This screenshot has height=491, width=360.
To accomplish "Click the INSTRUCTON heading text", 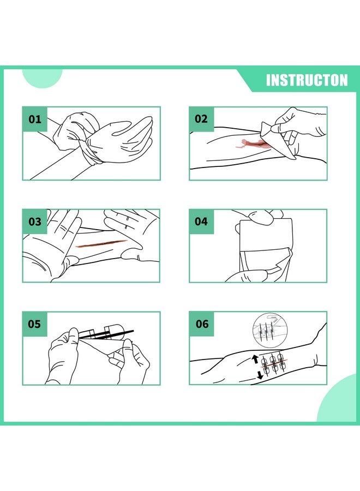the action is click(x=307, y=80).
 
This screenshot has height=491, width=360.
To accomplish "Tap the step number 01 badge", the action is click(x=35, y=119).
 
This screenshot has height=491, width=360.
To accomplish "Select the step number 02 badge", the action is click(x=201, y=119).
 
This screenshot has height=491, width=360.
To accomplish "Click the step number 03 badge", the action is click(x=35, y=221).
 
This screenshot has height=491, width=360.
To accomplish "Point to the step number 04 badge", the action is click(x=201, y=221).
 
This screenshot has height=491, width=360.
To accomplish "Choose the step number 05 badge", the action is click(x=35, y=324).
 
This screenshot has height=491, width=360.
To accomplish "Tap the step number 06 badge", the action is click(x=202, y=324).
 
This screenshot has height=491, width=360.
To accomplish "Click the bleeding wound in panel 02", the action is click(x=250, y=143).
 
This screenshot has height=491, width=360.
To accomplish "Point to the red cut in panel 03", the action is click(x=101, y=243).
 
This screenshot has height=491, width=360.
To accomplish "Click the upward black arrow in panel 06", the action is click(x=255, y=360).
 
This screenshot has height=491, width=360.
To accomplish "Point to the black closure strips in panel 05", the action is click(x=106, y=333).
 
